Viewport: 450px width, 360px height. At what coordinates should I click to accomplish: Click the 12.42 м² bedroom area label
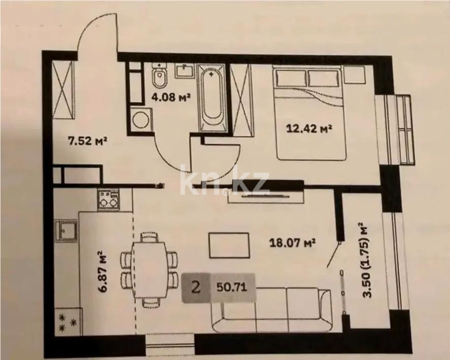point(309,128)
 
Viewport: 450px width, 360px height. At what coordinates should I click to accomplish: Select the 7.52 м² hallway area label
point(87,141)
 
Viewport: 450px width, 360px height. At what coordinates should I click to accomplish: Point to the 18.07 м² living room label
point(293,243)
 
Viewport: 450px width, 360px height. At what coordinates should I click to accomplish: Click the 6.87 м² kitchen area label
point(102,271)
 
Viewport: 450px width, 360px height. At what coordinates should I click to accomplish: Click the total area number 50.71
point(232,287)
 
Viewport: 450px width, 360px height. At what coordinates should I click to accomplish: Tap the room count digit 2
point(196,287)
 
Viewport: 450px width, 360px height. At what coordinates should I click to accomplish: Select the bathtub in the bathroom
point(213,97)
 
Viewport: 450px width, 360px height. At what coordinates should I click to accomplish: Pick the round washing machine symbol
point(141,119)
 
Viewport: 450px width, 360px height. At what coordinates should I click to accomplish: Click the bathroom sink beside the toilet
point(184,70)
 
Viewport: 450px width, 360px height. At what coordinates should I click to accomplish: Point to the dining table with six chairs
point(149,270)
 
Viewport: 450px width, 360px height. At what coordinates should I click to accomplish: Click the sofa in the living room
point(271,310)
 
